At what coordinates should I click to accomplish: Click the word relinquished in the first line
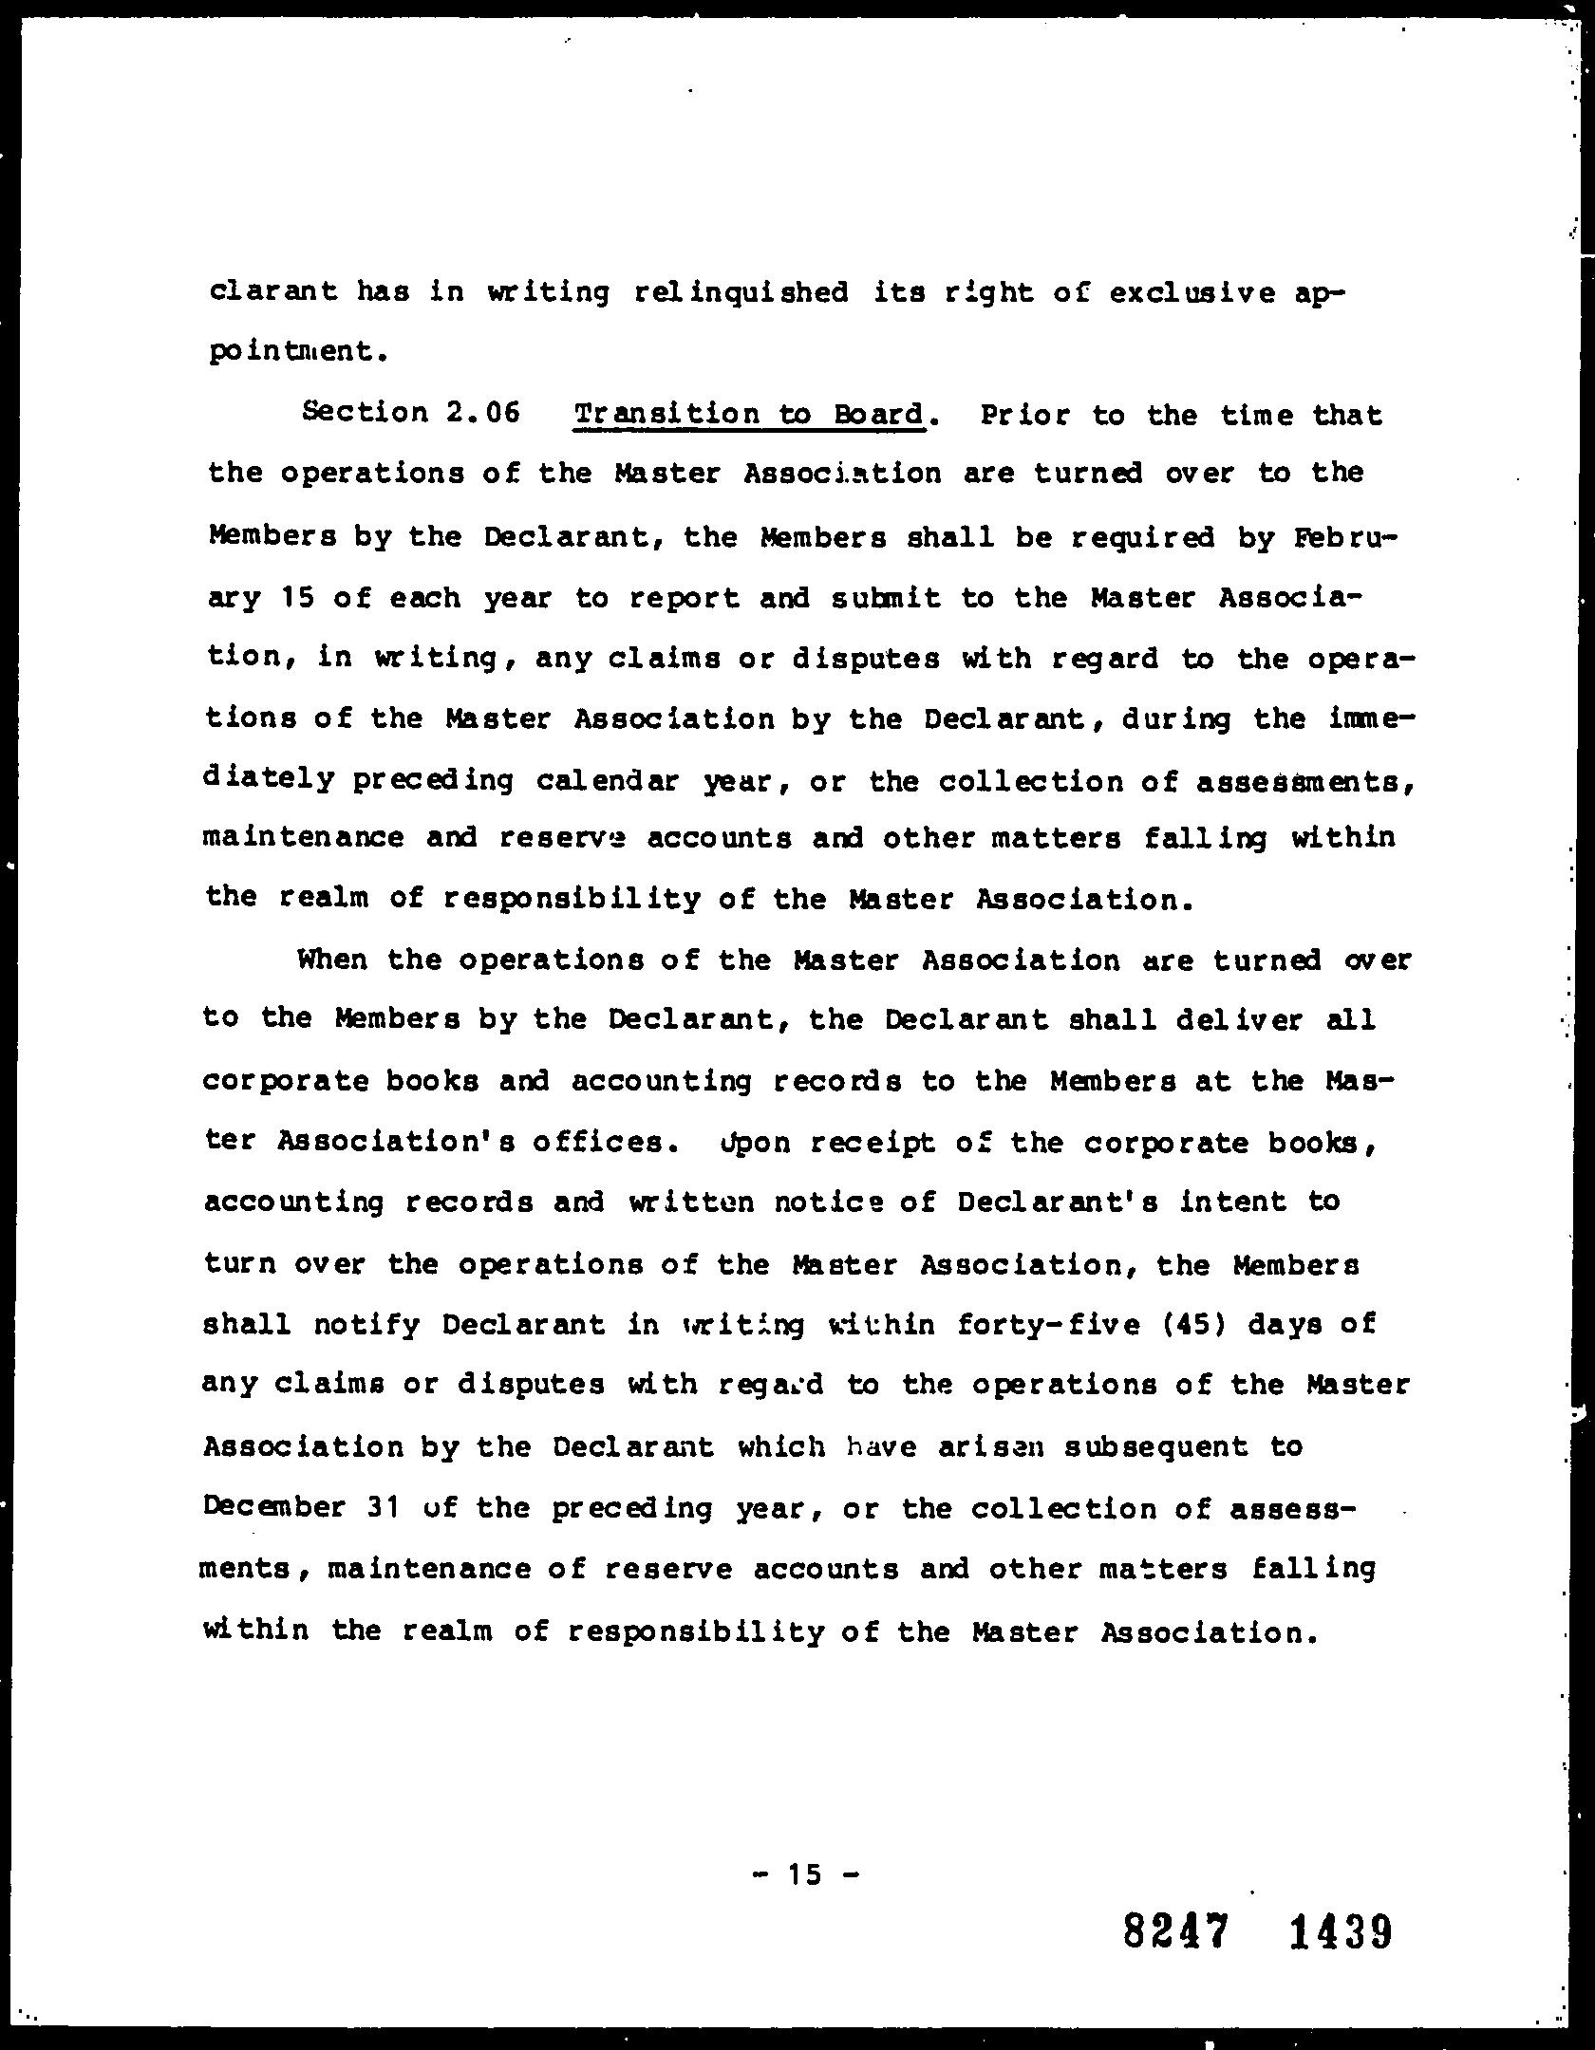[741, 292]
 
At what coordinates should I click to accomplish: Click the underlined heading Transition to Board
[749, 415]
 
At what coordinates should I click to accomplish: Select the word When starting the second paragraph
[331, 960]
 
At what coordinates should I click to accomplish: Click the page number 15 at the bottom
[803, 1874]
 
